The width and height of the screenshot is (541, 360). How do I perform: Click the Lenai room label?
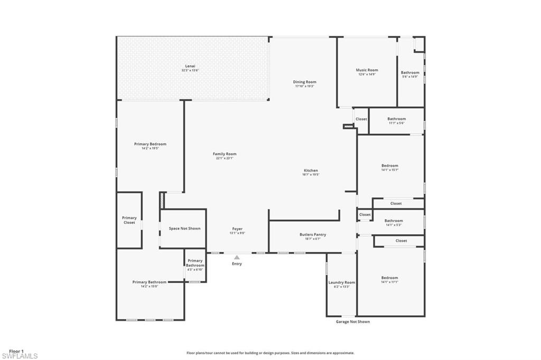point(190,66)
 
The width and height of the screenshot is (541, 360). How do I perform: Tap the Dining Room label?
point(304,82)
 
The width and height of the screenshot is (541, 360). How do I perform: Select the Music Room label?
point(367,70)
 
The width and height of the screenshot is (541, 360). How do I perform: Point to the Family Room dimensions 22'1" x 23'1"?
point(224,158)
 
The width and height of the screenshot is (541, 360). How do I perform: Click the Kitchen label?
point(311,170)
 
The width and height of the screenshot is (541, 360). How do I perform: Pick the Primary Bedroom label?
point(150,144)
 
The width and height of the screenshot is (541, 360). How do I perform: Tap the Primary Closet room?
point(129,220)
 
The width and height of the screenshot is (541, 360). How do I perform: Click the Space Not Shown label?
point(184,229)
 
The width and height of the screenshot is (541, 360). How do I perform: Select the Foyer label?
point(237,229)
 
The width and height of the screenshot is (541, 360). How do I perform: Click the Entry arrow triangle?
point(237,258)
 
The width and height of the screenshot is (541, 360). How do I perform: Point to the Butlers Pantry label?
point(313,234)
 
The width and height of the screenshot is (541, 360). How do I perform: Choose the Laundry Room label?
point(342,282)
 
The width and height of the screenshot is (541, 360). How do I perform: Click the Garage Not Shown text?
point(353,321)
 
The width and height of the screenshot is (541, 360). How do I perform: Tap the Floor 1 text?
point(16,350)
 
